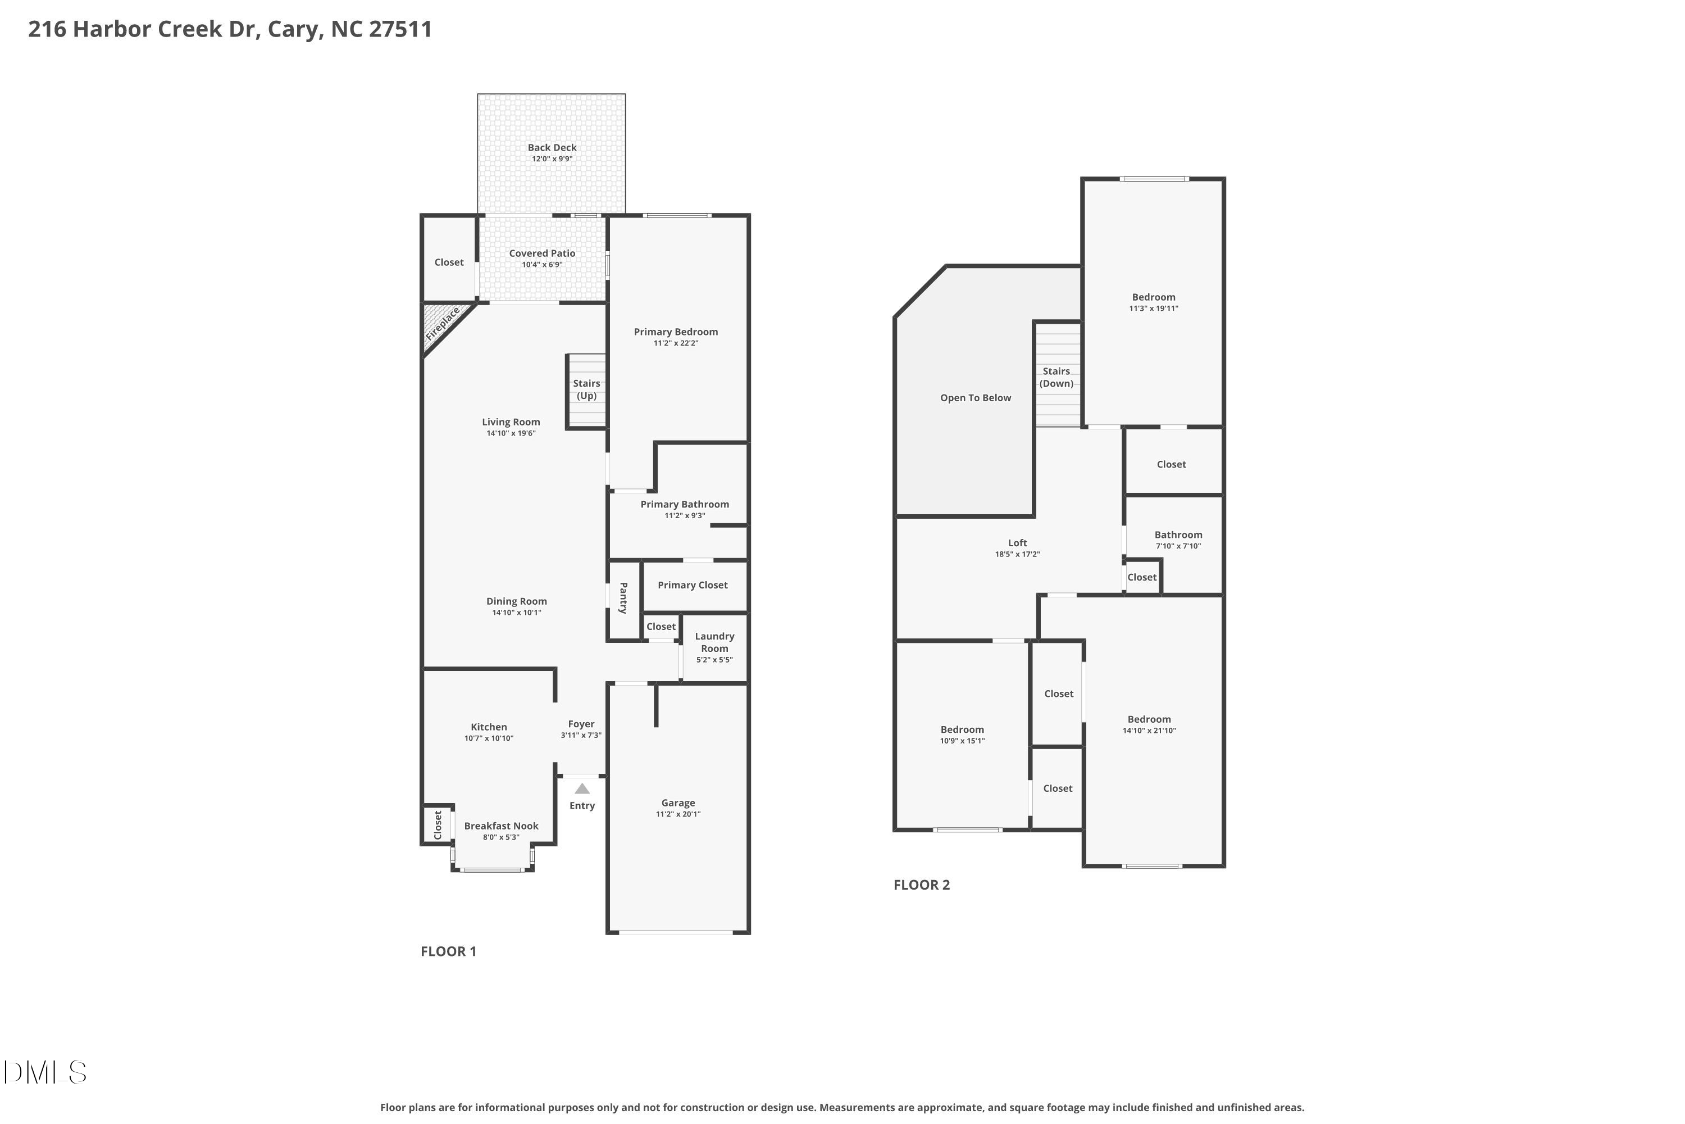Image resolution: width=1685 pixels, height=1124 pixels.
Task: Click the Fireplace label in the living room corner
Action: coord(443,324)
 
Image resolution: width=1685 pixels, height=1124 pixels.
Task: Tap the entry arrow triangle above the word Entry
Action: coord(582,788)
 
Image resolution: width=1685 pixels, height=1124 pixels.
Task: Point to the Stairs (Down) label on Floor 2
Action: coord(1056,377)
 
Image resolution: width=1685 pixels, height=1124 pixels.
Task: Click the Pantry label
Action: coord(623,598)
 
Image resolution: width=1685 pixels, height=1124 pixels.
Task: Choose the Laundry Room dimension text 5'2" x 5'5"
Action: coord(714,659)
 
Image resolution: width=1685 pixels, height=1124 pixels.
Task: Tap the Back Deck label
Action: coord(552,148)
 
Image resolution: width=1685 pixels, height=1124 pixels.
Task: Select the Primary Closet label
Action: coord(692,585)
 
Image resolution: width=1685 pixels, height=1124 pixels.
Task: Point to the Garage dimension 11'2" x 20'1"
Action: coord(678,814)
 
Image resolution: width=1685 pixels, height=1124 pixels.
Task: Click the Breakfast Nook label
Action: coord(501,826)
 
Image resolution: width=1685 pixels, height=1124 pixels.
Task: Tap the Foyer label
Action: coord(581,724)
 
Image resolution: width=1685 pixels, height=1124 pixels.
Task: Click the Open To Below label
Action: coord(975,398)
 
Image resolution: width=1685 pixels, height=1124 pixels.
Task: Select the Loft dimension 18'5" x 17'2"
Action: coord(1017,554)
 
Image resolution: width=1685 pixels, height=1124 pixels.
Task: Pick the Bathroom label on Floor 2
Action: coord(1178,535)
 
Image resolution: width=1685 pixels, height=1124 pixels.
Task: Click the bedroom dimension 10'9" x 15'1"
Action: coord(962,741)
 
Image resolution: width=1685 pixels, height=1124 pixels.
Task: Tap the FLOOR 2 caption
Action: coord(921,885)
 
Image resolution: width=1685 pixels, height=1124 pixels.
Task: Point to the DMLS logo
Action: coord(44,1072)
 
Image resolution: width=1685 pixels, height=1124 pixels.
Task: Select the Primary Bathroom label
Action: coord(684,505)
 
